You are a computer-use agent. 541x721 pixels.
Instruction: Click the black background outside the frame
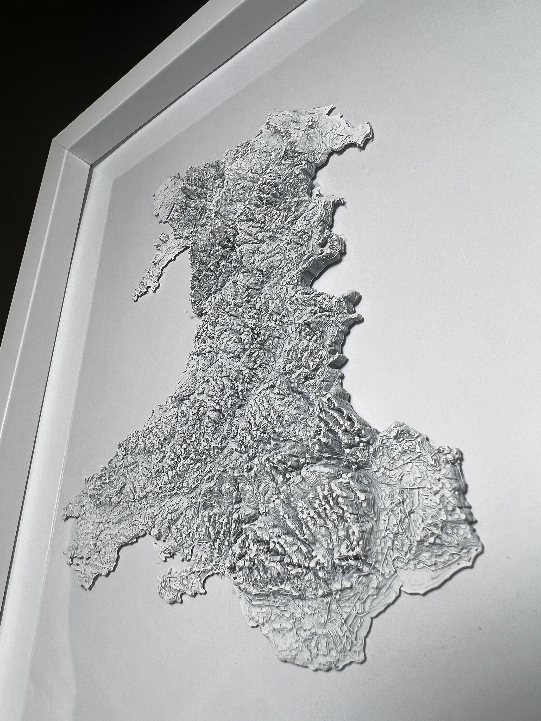49,49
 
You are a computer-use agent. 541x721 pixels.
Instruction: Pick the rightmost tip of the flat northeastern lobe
372,125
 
